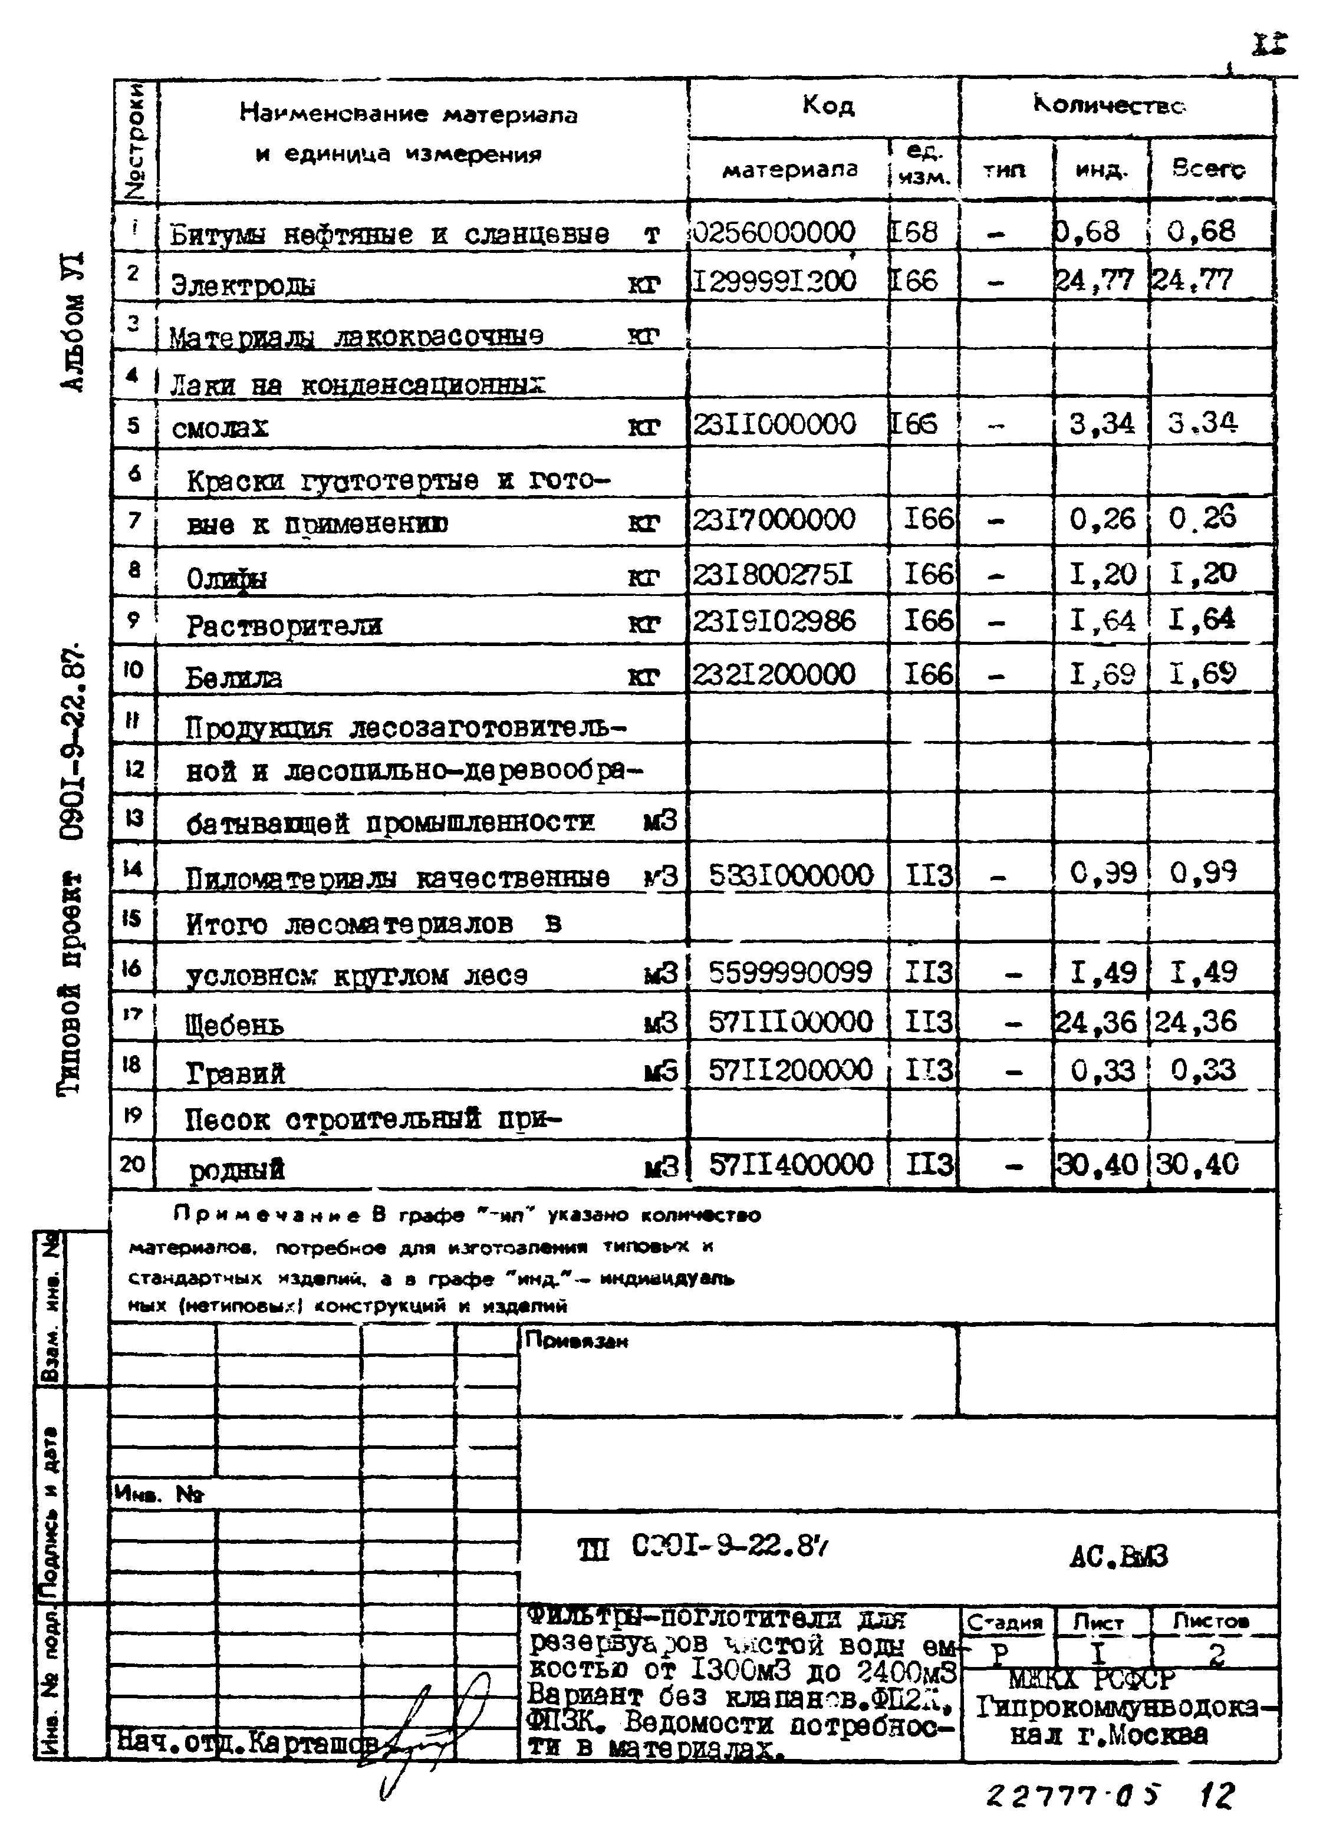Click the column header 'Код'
click(x=828, y=106)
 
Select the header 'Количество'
click(x=1111, y=106)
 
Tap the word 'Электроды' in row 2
click(x=243, y=285)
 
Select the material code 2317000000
click(x=774, y=519)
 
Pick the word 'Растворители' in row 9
click(x=283, y=625)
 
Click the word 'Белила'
click(x=233, y=677)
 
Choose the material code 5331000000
click(x=790, y=875)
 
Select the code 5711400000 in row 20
click(x=790, y=1165)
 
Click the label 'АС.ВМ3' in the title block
click(x=1118, y=1557)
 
